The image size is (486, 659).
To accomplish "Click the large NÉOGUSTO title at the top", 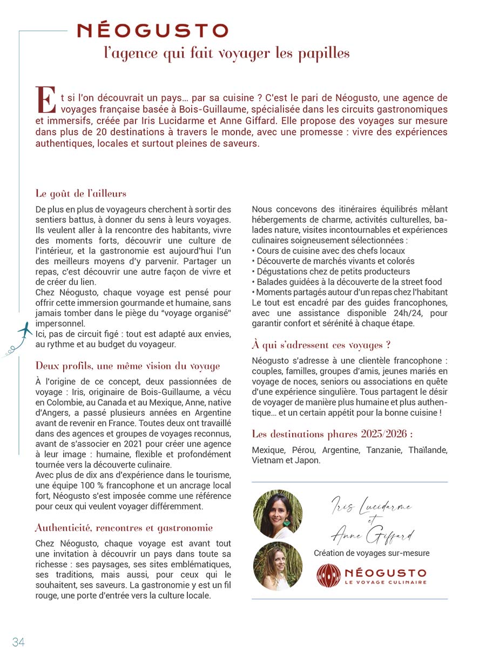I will pos(153,30).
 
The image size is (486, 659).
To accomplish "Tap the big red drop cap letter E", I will pos(46,100).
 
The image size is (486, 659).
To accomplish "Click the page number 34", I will pos(18,642).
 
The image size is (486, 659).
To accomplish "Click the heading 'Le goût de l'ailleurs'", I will pos(81,193).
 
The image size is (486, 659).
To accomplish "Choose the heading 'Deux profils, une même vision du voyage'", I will pos(127,366).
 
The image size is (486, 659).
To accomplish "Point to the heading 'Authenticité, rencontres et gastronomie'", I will pos(124,527).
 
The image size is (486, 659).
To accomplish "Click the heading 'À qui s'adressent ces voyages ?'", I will pos(321,345).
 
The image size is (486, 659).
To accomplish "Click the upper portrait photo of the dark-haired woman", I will pos(278,514).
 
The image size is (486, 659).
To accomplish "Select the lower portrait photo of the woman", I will pos(278,566).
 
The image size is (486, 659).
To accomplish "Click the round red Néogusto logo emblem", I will pos(329,575).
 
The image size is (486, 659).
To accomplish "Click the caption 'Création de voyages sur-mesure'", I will pos(372,553).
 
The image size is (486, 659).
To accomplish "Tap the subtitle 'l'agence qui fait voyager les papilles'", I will pos(227,53).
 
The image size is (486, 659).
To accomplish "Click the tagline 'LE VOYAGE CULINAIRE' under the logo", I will pos(385,582).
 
